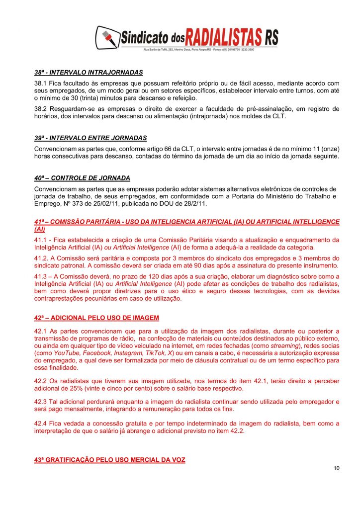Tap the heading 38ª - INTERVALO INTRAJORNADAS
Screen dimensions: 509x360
(89, 72)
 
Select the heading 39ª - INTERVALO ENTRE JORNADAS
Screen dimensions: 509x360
(90, 138)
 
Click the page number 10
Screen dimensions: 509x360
(337, 468)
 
